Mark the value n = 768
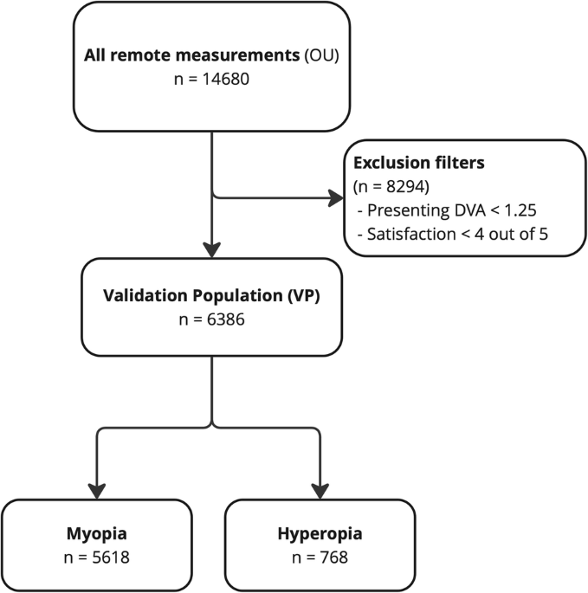pos(320,558)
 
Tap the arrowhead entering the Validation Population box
pos(212,248)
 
